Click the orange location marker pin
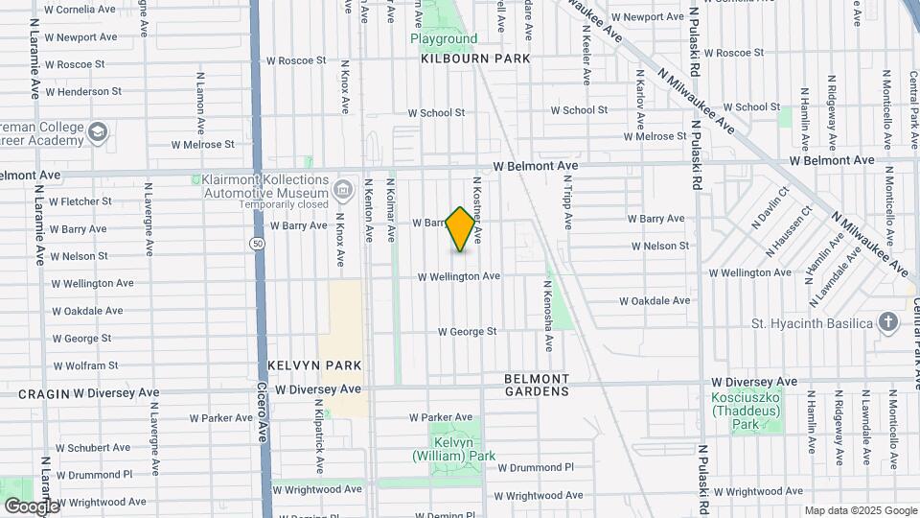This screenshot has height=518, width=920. coord(461,229)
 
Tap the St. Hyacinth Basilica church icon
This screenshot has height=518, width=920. coord(888,322)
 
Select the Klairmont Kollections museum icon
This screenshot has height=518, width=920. coord(342,188)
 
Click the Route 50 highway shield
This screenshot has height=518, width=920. coord(258,244)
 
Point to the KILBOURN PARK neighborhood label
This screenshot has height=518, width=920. coord(475,59)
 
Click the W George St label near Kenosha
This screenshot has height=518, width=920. coord(467,332)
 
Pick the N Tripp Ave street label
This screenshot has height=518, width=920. coord(567,206)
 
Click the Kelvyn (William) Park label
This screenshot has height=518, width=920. coord(463,448)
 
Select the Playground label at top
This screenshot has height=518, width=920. coord(444,39)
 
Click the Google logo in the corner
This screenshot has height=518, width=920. coord(32,506)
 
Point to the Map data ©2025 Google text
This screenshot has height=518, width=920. coord(860,510)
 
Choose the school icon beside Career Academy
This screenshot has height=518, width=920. coord(97,131)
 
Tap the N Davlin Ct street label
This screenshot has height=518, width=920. coord(770,207)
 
